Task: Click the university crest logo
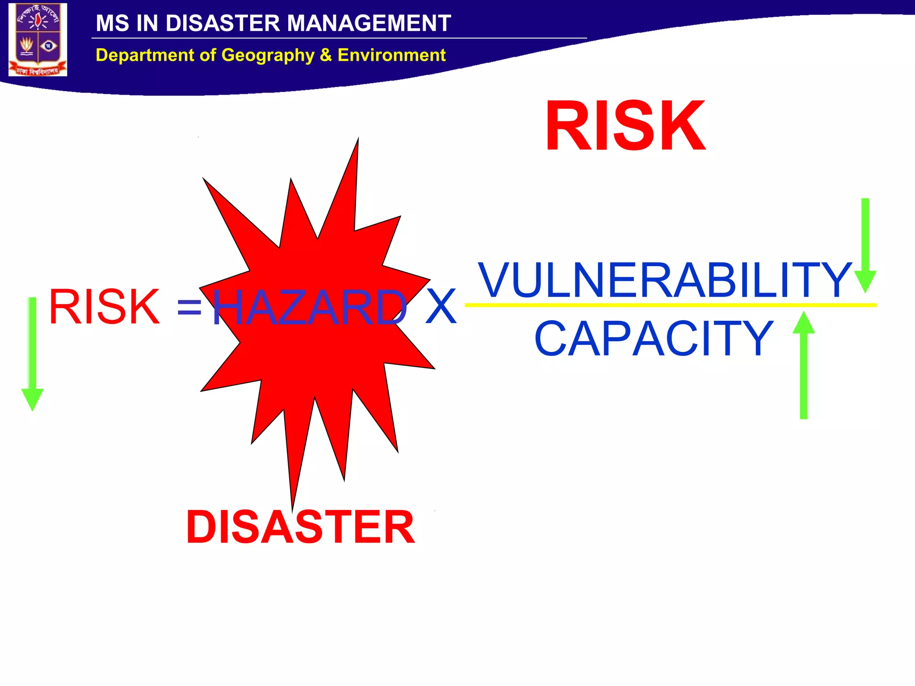[x=38, y=39]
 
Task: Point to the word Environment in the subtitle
[x=391, y=55]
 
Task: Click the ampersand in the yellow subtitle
[x=326, y=55]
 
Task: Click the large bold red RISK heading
[x=625, y=126]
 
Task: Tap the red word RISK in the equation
[x=104, y=307]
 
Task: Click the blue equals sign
[x=189, y=308]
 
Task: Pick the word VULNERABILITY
[x=665, y=280]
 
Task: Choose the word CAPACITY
[x=654, y=339]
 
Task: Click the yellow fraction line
[x=670, y=305]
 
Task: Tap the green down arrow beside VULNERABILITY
[x=865, y=246]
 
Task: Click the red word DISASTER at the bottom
[x=300, y=527]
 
